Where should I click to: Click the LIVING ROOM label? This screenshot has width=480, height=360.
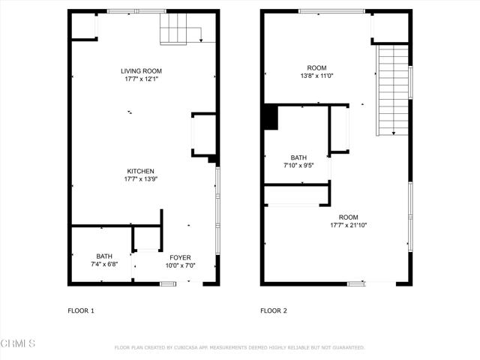[x=141, y=71]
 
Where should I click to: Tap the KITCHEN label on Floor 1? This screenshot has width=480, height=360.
[x=140, y=171]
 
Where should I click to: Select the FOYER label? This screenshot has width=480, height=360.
[x=180, y=257]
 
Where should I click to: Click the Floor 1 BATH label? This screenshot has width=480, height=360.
[x=104, y=256]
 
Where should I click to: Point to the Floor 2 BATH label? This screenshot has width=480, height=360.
[x=298, y=157]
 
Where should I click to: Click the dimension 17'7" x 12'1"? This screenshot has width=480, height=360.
[x=141, y=79]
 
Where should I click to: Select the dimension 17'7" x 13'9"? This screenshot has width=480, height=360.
[x=140, y=179]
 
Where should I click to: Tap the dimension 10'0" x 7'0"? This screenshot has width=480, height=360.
[x=180, y=265]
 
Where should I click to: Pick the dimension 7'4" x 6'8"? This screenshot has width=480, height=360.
[x=104, y=264]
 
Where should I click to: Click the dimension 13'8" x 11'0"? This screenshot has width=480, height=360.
[x=316, y=76]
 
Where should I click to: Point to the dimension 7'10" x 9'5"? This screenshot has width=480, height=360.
[x=298, y=166]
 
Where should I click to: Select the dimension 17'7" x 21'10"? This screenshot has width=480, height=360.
[x=348, y=225]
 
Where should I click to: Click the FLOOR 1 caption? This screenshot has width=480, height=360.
[x=81, y=310]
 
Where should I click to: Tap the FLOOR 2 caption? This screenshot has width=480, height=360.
[x=274, y=310]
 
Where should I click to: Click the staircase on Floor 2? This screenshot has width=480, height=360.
[x=393, y=90]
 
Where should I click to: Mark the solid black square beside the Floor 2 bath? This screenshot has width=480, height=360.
[x=271, y=118]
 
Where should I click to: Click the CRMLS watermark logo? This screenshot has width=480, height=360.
[x=18, y=343]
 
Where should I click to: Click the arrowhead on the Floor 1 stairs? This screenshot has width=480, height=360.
[x=201, y=40]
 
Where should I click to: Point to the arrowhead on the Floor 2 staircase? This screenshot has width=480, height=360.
[x=394, y=133]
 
